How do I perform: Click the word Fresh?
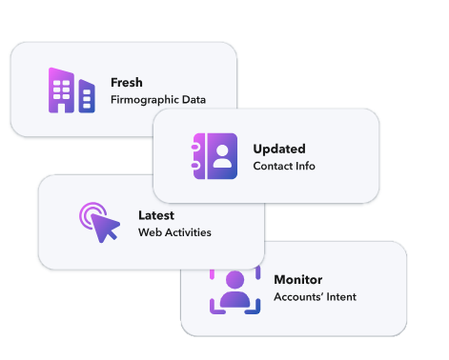pos(127,83)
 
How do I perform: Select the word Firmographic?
pos(145,100)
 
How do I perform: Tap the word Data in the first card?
pos(194,100)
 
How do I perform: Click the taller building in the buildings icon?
pos(61,90)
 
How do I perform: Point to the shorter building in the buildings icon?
pos(87,96)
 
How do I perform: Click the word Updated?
pos(279,150)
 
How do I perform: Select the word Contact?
pos(273,166)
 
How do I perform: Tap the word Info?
pos(305,166)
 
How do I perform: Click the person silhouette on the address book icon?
pos(222,156)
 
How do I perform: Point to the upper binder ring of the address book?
pos(195,147)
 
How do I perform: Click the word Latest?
pos(156,215)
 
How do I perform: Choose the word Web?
pos(150,232)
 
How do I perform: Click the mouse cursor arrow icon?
pos(104,227)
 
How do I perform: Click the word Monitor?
pos(298,280)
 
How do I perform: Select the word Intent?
pos(341,297)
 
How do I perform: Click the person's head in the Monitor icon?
pos(235,280)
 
